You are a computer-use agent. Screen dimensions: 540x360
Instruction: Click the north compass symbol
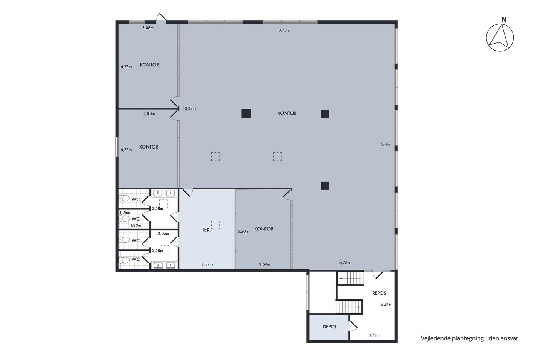click(x=500, y=37)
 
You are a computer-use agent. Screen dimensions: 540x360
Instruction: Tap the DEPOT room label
click(x=329, y=327)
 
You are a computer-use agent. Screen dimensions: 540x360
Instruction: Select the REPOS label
click(x=379, y=293)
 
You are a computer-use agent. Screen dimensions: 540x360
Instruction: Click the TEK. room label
click(x=206, y=230)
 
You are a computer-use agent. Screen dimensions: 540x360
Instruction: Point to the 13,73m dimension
click(x=283, y=30)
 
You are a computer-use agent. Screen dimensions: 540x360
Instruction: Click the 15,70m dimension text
click(x=385, y=144)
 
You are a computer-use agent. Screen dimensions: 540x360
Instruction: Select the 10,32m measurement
click(x=189, y=108)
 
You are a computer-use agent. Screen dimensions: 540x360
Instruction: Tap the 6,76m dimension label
click(x=345, y=263)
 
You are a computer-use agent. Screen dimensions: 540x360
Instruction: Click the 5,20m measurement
click(x=243, y=231)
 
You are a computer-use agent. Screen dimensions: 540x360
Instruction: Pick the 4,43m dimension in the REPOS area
click(x=386, y=305)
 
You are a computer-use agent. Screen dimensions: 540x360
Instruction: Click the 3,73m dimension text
click(x=374, y=335)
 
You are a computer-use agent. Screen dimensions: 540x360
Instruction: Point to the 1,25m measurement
click(x=125, y=213)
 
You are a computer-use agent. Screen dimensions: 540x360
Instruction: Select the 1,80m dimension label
click(x=135, y=225)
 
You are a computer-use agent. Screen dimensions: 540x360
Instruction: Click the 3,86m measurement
click(x=164, y=233)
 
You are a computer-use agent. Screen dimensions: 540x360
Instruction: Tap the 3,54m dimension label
click(x=265, y=264)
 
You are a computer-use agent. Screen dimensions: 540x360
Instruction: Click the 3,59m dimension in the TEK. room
click(x=207, y=264)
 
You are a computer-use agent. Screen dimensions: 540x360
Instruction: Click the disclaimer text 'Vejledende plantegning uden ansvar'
click(x=469, y=338)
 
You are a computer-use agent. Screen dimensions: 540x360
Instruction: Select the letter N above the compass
click(x=504, y=20)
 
